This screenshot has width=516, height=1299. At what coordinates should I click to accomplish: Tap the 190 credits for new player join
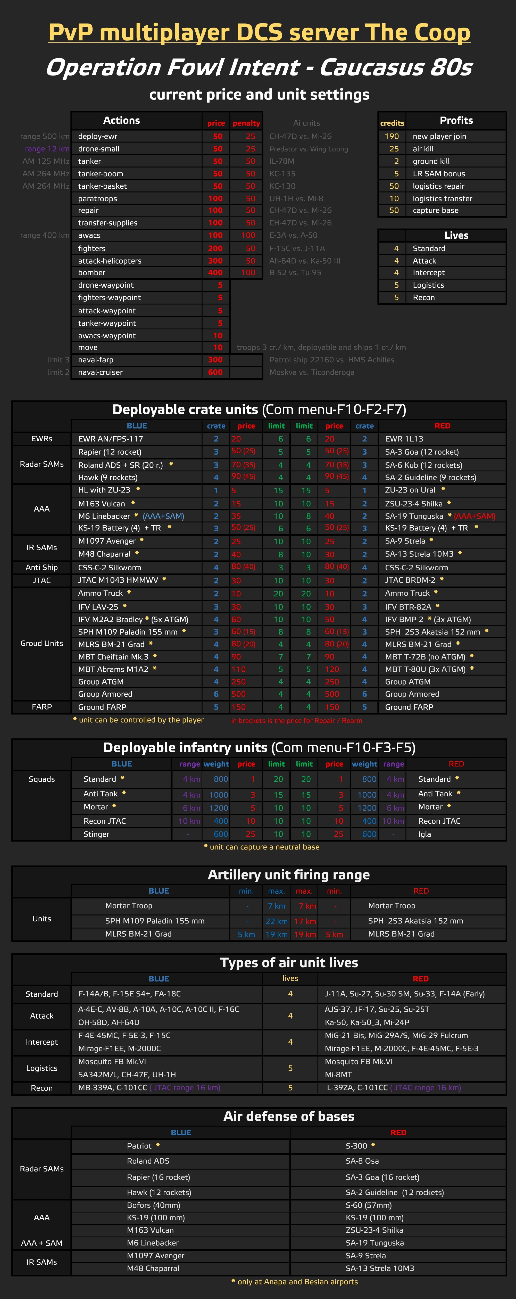392,136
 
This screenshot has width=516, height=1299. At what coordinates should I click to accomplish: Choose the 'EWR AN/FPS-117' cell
111,439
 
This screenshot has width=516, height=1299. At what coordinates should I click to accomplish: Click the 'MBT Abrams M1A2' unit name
113,669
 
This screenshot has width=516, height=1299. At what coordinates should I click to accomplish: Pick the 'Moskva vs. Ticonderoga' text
312,372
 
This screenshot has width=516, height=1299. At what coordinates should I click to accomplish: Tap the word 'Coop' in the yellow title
442,32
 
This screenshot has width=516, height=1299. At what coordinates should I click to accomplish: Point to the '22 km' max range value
276,921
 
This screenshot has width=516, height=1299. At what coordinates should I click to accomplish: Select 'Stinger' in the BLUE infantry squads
96,834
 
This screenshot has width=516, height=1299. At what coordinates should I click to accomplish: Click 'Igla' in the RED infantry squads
425,834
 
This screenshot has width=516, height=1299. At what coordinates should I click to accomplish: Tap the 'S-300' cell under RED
357,1146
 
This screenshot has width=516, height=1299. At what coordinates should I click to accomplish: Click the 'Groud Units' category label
42,644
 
